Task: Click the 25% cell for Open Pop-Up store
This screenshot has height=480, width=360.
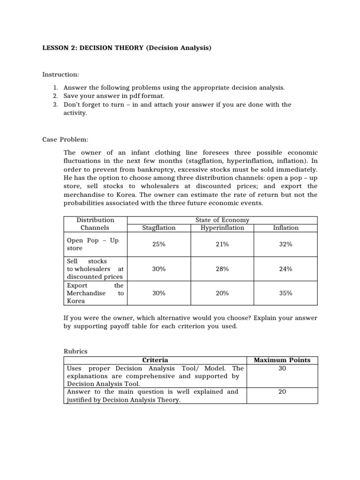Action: point(158,244)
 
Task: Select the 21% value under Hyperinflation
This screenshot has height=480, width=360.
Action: point(222,244)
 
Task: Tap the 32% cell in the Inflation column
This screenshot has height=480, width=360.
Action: point(285,244)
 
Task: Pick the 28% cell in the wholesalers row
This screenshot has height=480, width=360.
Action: point(222,269)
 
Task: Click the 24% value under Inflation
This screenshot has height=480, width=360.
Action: point(285,269)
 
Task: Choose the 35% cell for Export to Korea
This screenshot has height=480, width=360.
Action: point(285,293)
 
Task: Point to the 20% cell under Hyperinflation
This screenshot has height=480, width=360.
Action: point(222,293)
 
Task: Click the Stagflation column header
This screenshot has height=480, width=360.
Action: point(158,228)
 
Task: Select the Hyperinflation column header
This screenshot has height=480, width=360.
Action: point(222,228)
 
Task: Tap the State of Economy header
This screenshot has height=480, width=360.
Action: point(222,220)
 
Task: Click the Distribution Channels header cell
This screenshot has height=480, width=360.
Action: point(95,224)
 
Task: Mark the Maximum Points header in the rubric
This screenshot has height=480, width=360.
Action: point(282,360)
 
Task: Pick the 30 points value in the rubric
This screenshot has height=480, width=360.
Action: point(282,368)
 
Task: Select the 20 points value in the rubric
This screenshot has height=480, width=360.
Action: point(282,391)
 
